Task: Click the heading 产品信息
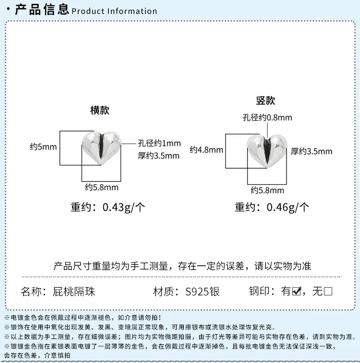coord(42,9)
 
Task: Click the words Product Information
coord(114,11)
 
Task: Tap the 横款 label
coord(100,110)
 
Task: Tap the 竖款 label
coord(265,101)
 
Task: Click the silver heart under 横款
coord(101,148)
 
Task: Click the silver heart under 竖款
coord(267,151)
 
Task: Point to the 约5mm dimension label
coord(43,147)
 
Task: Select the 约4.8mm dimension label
coord(206,150)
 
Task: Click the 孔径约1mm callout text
coord(159,143)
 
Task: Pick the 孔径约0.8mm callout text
coord(267,117)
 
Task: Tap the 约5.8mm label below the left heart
coord(102,187)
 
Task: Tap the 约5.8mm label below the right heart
coord(267,190)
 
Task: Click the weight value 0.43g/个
coord(124,207)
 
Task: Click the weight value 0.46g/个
coord(288,207)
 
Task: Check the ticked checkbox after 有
coord(297,291)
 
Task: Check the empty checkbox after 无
coord(328,291)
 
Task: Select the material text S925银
coord(202,292)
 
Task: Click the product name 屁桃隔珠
coord(74,292)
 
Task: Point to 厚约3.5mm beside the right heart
coord(312,152)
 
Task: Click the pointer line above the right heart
coord(267,130)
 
